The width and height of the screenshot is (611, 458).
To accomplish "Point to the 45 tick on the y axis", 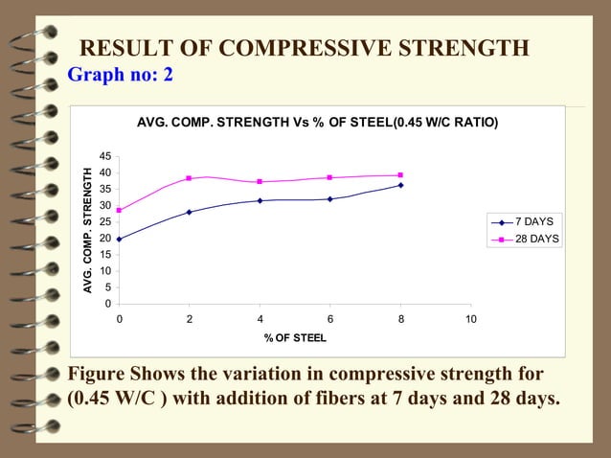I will [104, 156].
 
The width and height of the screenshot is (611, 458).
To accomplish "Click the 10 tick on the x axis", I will [470, 319].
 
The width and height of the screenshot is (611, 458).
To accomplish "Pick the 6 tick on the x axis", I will [329, 319].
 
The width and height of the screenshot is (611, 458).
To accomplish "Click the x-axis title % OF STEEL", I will [295, 338].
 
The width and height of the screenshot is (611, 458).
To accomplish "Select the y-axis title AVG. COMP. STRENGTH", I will [87, 230].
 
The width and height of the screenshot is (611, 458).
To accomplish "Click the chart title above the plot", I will [317, 123].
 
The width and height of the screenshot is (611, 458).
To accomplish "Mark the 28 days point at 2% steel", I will [189, 178].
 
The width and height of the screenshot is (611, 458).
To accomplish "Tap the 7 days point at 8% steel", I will [400, 185].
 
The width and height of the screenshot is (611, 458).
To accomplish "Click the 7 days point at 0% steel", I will [119, 239].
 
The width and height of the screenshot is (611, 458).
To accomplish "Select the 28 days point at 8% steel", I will [400, 175].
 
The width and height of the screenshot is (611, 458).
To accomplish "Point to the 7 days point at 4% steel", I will [260, 200].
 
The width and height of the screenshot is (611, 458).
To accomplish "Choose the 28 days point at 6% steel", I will [329, 177].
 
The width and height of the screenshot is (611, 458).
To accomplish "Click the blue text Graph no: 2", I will [120, 75].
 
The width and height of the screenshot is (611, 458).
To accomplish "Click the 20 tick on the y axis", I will [104, 239].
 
